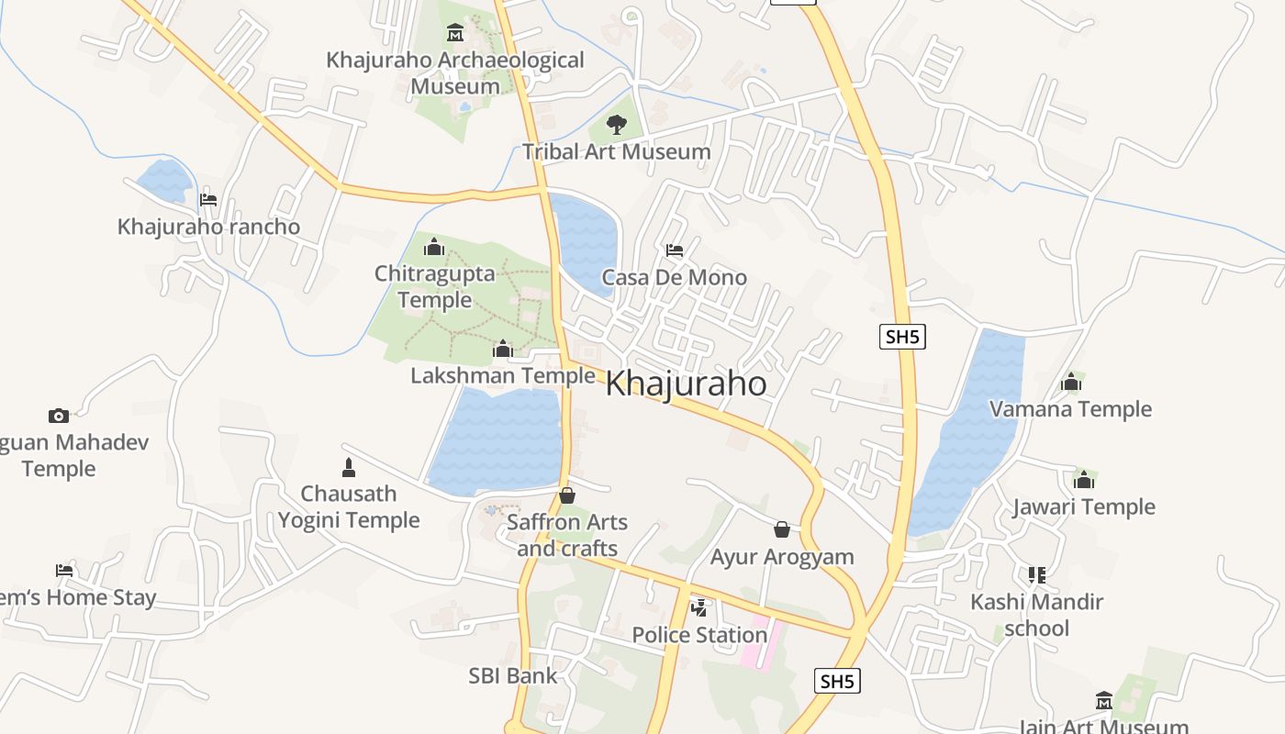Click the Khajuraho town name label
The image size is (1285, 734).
[x=686, y=384]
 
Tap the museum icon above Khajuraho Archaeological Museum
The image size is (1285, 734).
[x=454, y=34]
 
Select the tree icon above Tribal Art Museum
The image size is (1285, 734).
[x=617, y=125]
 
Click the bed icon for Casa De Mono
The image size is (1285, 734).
[x=675, y=250]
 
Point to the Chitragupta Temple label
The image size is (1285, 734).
[x=435, y=286]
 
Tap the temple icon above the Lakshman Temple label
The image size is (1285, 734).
[x=502, y=350]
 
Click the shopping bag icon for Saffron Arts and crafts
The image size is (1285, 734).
[x=567, y=495]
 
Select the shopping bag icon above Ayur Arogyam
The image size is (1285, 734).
[x=782, y=529]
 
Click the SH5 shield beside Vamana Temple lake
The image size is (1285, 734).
[x=901, y=337]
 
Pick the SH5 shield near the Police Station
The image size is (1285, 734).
[x=837, y=681]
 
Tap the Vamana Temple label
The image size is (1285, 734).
[x=1070, y=409]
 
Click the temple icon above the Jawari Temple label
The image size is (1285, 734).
[x=1084, y=480]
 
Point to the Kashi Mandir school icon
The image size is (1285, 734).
[x=1037, y=575]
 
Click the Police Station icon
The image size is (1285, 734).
[x=699, y=607]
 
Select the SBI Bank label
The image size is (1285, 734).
[x=513, y=676]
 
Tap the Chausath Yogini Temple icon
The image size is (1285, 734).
[x=348, y=468]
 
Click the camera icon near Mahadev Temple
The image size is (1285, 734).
[x=59, y=416]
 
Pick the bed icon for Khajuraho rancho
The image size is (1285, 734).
[x=208, y=199]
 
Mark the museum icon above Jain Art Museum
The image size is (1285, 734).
[x=1104, y=701]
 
